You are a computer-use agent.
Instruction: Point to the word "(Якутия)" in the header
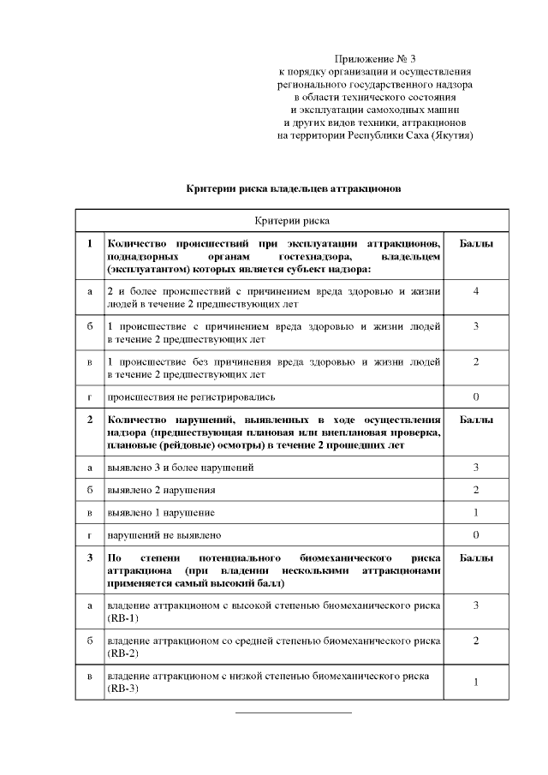(453, 135)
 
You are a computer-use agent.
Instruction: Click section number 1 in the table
(89, 243)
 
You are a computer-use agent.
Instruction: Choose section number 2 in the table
(89, 420)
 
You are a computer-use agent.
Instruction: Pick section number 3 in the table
(89, 557)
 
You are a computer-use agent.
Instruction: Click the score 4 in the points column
(475, 292)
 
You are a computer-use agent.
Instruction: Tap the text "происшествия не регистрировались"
(178, 396)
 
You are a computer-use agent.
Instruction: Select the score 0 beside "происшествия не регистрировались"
(475, 396)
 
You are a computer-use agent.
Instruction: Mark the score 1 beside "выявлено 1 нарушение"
(475, 512)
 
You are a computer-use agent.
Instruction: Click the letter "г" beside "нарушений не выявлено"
(89, 534)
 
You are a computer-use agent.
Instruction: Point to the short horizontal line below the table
(294, 712)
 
